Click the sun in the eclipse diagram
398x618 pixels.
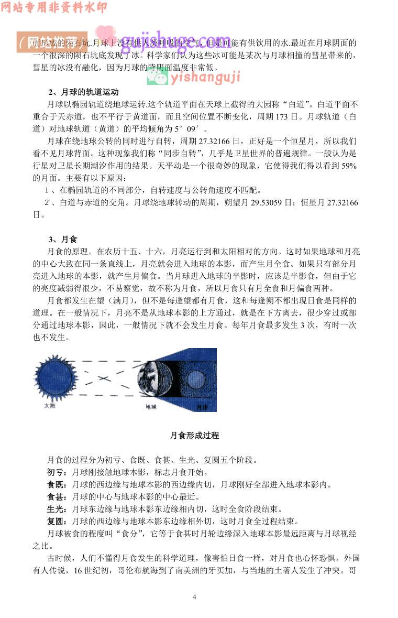click(x=55, y=378)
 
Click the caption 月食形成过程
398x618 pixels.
click(x=194, y=436)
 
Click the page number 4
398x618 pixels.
click(x=194, y=597)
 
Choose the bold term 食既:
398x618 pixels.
click(x=56, y=484)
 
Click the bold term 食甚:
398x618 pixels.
click(x=56, y=496)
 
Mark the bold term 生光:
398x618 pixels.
click(x=56, y=509)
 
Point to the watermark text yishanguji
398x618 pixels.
click(x=205, y=78)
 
